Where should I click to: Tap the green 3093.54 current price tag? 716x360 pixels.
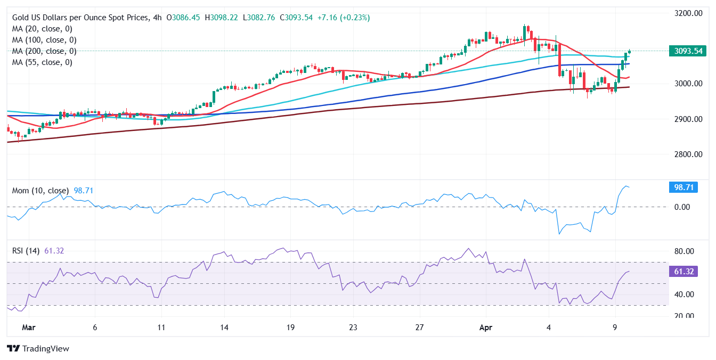[x=688, y=51]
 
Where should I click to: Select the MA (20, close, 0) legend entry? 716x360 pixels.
[x=42, y=29]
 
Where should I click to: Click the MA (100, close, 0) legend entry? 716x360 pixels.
[x=44, y=40]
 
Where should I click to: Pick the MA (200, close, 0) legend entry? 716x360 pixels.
[x=44, y=51]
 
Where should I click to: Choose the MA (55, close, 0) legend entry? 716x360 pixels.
[x=42, y=62]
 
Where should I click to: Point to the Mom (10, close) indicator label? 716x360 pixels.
[x=40, y=190]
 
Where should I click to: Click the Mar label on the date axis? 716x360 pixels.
[x=29, y=328]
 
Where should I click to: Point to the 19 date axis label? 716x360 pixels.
[x=290, y=328]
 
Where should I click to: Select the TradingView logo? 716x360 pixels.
[x=38, y=348]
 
